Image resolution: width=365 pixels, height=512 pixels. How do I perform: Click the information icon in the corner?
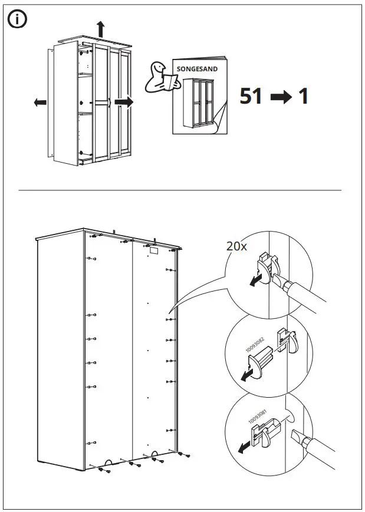point(17,19)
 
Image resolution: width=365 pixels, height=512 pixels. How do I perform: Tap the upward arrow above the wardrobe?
point(100,28)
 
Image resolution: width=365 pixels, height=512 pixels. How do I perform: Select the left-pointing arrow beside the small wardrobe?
point(40,103)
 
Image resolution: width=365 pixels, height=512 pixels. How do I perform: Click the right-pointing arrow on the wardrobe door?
point(124,102)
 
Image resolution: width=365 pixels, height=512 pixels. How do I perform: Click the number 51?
point(251,96)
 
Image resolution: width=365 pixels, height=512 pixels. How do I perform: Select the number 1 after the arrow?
point(304,96)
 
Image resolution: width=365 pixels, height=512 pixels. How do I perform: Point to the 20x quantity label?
point(236,246)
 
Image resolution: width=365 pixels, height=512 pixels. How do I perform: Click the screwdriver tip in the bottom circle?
point(295,437)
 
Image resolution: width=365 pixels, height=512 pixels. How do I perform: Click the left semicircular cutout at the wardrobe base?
point(108,461)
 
